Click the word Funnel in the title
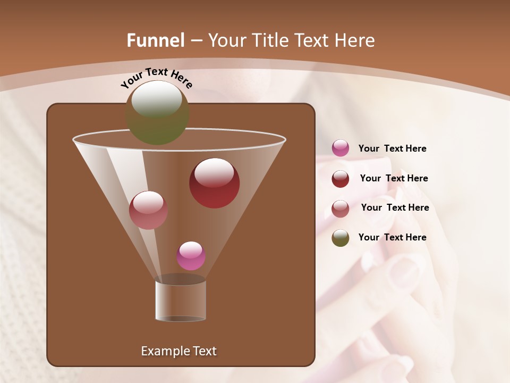(156, 40)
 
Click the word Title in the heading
(270, 40)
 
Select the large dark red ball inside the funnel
(214, 183)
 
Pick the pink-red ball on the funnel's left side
(148, 210)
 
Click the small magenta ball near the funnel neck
(191, 256)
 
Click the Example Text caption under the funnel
(178, 351)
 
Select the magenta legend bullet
(341, 148)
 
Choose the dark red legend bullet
(341, 179)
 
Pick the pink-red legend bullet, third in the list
(341, 209)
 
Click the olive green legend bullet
(341, 238)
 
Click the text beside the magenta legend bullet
(392, 149)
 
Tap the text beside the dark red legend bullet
(394, 179)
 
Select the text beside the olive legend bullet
(392, 238)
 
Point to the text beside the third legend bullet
(395, 208)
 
